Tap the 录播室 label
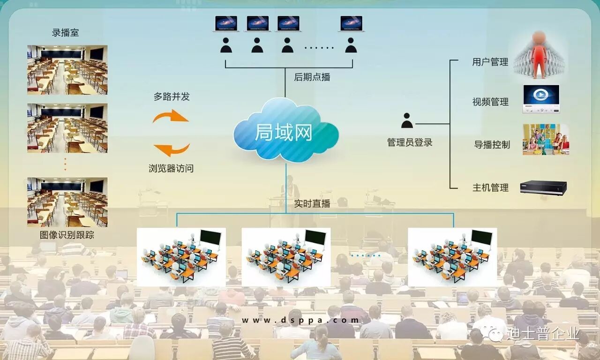pyautogui.click(x=66, y=33)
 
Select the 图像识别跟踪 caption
pyautogui.click(x=67, y=235)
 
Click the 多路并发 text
pyautogui.click(x=172, y=97)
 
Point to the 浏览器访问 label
pyautogui.click(x=171, y=168)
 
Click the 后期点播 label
pyautogui.click(x=312, y=77)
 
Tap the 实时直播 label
pyautogui.click(x=312, y=203)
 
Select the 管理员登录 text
pyautogui.click(x=410, y=142)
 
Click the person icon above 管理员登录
pyautogui.click(x=407, y=121)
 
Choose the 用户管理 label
pyautogui.click(x=490, y=62)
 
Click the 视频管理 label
pyautogui.click(x=490, y=102)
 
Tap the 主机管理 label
pyautogui.click(x=490, y=187)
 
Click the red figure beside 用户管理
pyautogui.click(x=539, y=54)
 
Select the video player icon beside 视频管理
pyautogui.click(x=541, y=98)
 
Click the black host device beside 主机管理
pyautogui.click(x=543, y=187)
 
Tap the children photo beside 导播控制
pyautogui.click(x=546, y=139)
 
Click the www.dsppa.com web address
pyautogui.click(x=300, y=320)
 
